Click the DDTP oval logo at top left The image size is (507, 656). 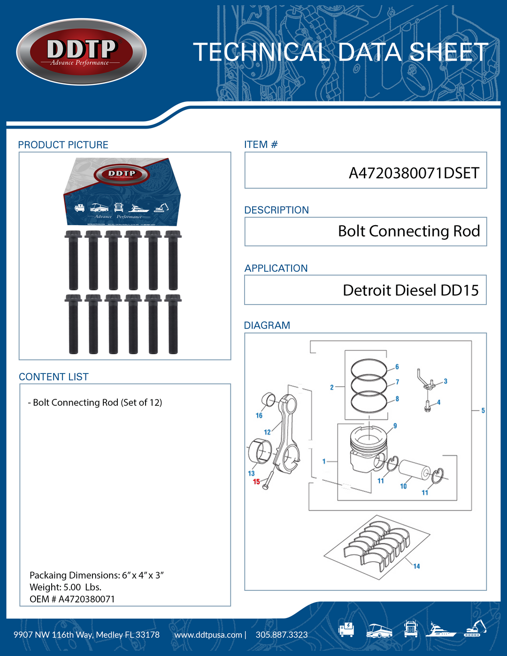pyautogui.click(x=81, y=52)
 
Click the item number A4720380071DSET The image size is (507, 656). pyautogui.click(x=414, y=173)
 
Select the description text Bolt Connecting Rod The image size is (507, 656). pyautogui.click(x=408, y=231)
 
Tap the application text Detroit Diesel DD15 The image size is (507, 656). pyautogui.click(x=410, y=290)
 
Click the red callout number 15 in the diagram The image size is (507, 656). pyautogui.click(x=256, y=482)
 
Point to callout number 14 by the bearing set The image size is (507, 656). pyautogui.click(x=416, y=566)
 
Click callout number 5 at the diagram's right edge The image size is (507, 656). pyautogui.click(x=483, y=411)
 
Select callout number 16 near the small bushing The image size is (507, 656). pyautogui.click(x=259, y=415)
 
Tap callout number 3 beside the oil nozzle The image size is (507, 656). pyautogui.click(x=445, y=381)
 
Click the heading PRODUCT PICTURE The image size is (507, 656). pyautogui.click(x=63, y=145)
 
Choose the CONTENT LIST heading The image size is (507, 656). pyautogui.click(x=54, y=377)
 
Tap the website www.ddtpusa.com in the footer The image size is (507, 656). pyautogui.click(x=208, y=635)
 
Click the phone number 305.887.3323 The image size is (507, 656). pyautogui.click(x=282, y=635)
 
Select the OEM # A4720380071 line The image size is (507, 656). pyautogui.click(x=72, y=599)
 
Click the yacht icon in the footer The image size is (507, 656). pyautogui.click(x=440, y=630)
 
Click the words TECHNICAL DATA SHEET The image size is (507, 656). pyautogui.click(x=340, y=52)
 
